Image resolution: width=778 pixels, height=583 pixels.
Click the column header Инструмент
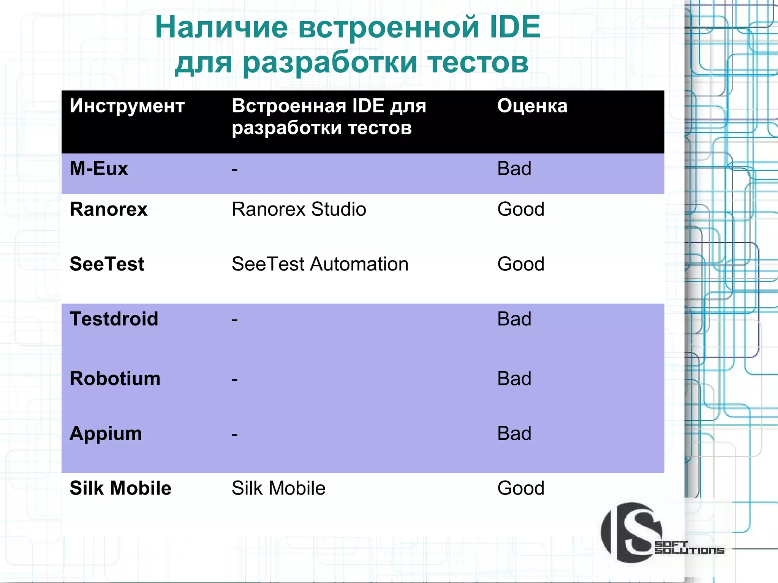127,106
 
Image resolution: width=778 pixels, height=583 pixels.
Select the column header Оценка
532,106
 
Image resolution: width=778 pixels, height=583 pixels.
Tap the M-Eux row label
99,169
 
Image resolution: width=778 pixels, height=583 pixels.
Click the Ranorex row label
109,209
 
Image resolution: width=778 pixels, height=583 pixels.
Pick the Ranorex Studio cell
299,209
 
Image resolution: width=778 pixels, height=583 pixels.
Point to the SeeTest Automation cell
320,264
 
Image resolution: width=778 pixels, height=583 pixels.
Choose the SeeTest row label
107,264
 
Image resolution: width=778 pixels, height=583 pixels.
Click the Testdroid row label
114,319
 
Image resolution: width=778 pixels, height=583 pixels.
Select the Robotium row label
115,379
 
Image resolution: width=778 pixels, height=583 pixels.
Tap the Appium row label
106,433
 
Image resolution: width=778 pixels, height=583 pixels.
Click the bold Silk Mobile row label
120,488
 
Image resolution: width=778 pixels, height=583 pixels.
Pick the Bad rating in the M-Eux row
514,169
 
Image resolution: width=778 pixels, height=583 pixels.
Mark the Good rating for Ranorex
520,209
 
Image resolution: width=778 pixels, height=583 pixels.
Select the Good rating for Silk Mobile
520,488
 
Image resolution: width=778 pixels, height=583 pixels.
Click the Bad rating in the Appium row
514,433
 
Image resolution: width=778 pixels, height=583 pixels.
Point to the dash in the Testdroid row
235,320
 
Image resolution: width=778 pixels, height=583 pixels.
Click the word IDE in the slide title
515,27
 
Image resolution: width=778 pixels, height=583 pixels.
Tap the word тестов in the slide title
478,63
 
